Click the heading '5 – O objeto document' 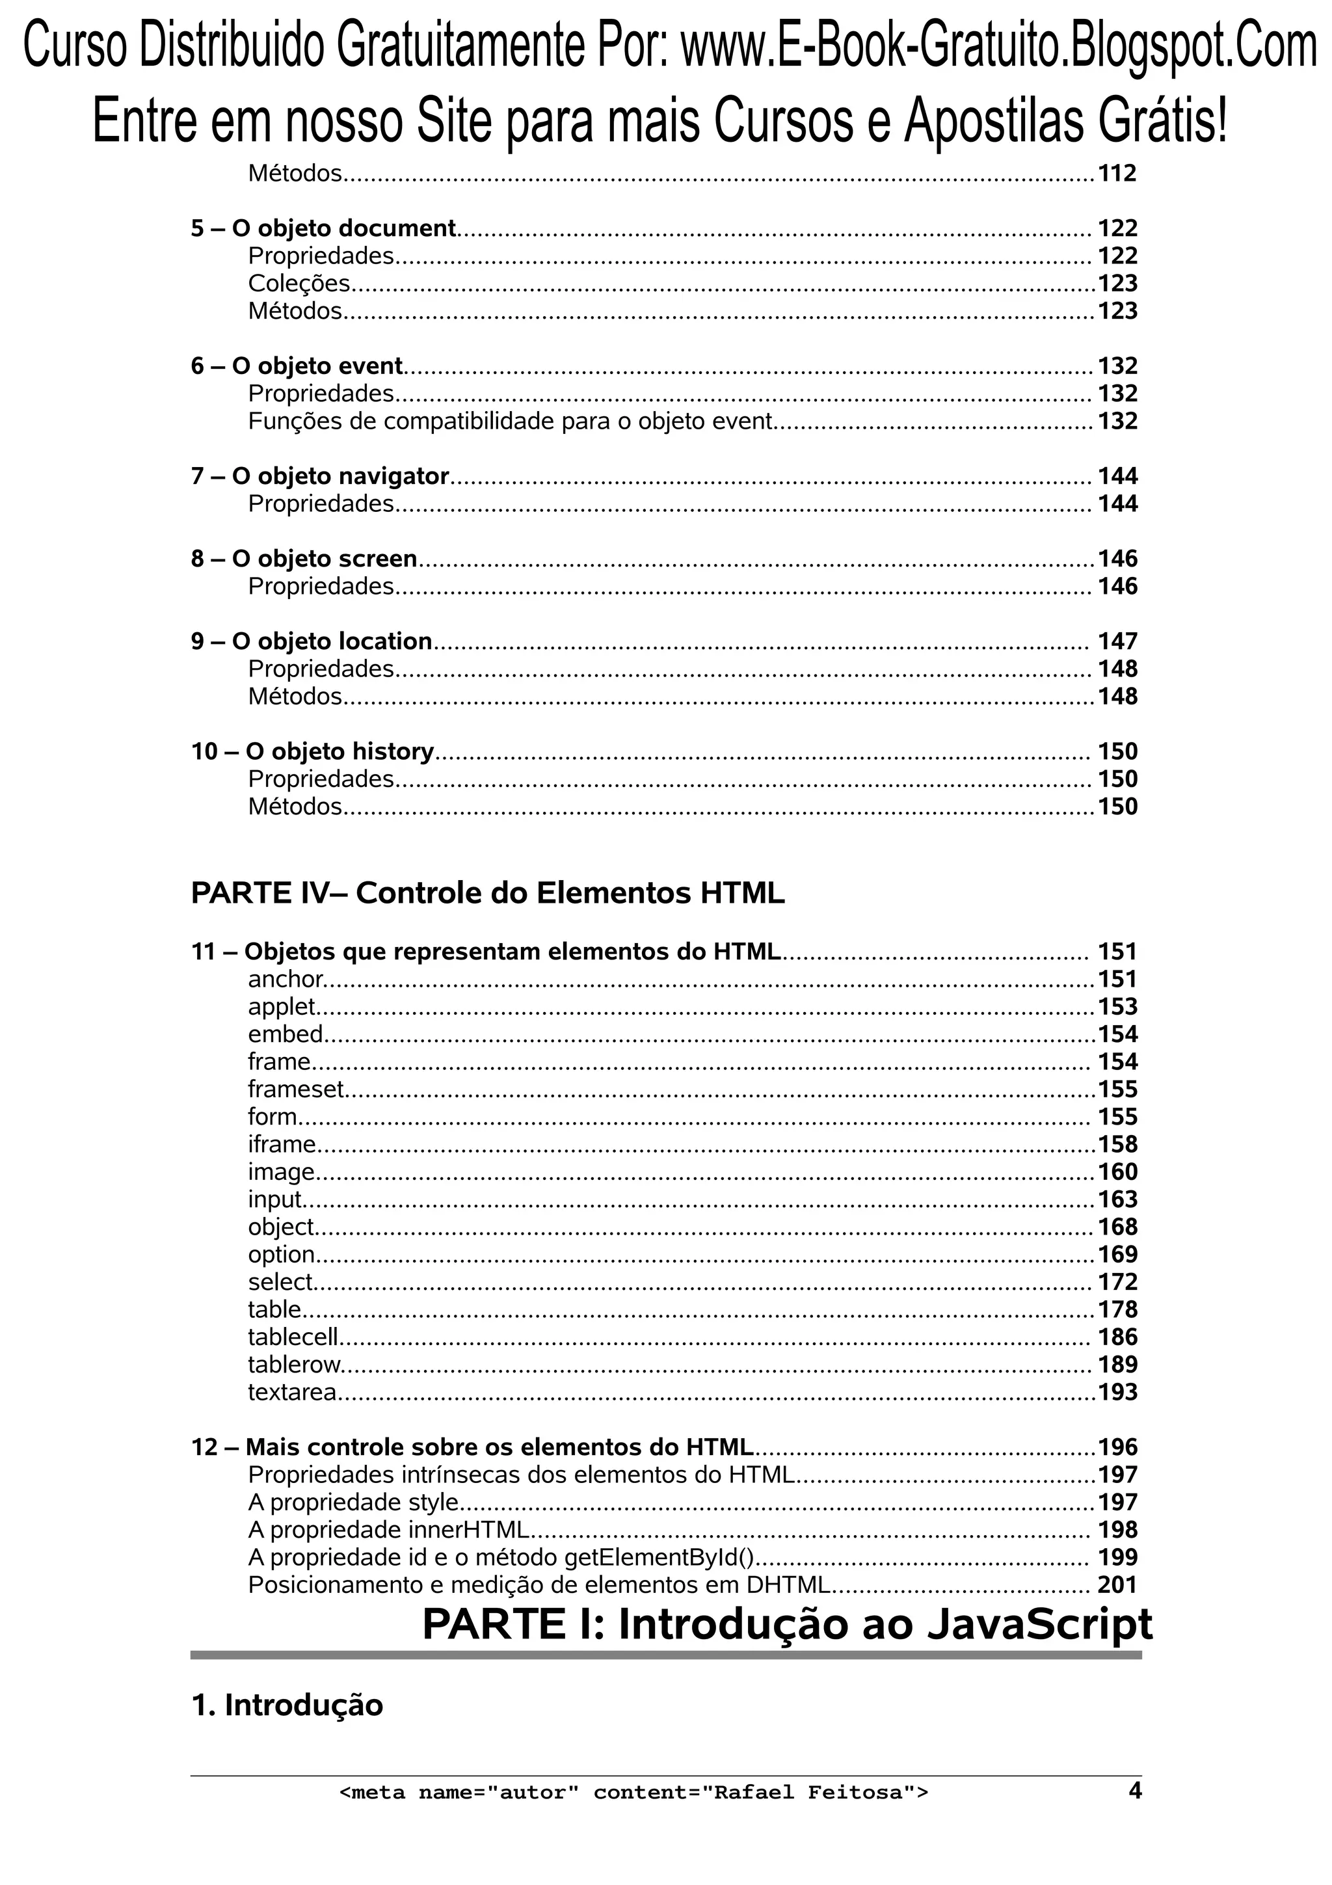coord(323,228)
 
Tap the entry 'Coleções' coord(299,283)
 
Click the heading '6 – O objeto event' coord(297,366)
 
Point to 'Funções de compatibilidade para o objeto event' coord(510,421)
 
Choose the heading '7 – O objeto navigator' coord(320,476)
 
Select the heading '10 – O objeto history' coord(312,751)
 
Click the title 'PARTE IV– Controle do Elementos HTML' coord(488,893)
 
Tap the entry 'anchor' coord(286,979)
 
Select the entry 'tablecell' coord(293,1337)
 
